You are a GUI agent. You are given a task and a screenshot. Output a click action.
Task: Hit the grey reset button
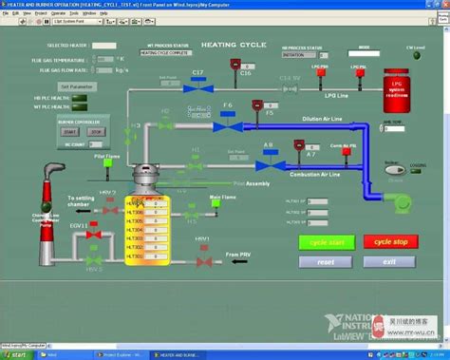coord(326,261)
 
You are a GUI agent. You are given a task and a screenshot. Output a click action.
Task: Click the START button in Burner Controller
coord(70,131)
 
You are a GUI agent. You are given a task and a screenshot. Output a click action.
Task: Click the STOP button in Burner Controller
coord(96,131)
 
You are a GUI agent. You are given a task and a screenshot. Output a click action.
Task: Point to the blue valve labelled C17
coord(198,86)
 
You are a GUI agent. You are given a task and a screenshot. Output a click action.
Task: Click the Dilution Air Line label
coord(323,118)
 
